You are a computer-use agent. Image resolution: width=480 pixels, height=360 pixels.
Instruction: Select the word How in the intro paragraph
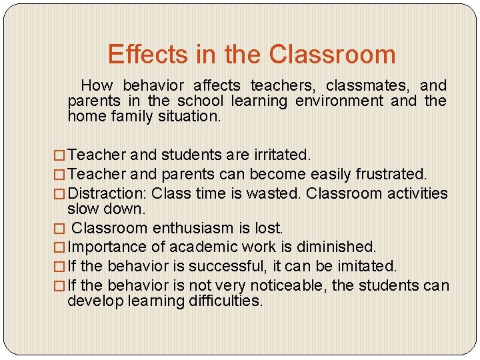pos(97,85)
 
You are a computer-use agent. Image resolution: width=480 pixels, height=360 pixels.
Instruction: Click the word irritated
pos(282,155)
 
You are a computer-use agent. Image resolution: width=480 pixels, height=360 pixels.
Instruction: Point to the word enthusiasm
pos(195,228)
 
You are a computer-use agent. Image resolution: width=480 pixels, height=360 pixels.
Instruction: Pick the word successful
pos(225,267)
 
